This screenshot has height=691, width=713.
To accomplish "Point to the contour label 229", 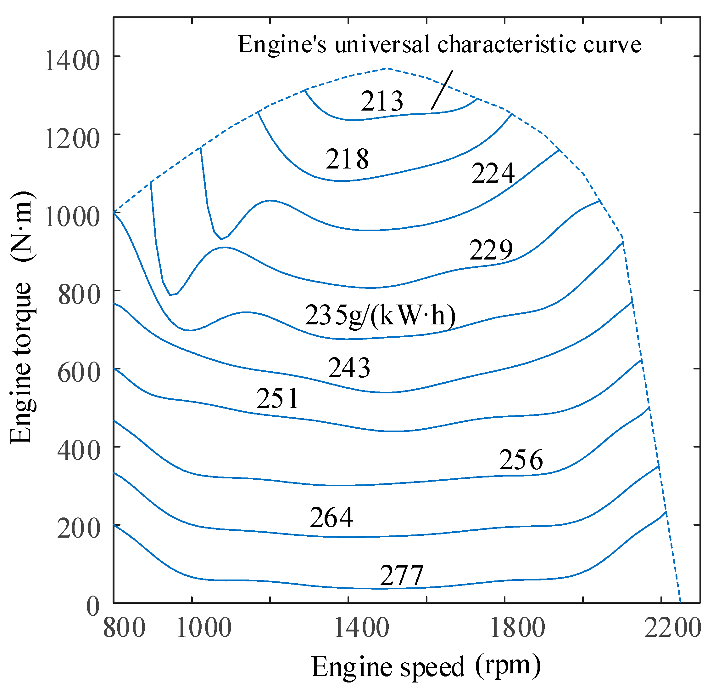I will (x=491, y=249).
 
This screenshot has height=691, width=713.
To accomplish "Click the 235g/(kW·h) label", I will (x=380, y=316).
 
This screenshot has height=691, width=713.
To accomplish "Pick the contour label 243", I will (x=349, y=368).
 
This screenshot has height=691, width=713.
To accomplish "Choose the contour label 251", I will (x=278, y=398).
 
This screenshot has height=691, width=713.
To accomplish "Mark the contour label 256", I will (x=521, y=460).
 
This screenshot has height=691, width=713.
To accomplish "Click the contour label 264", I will (x=331, y=517).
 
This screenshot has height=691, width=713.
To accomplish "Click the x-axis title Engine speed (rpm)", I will (x=426, y=666).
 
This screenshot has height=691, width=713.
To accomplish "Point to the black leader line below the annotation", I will (x=442, y=90).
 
